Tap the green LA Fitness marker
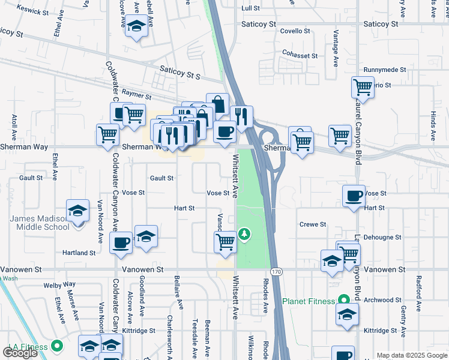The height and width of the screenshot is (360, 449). click(x=58, y=346)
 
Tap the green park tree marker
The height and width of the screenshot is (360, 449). click(x=244, y=233)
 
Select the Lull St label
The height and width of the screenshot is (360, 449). click(x=250, y=8)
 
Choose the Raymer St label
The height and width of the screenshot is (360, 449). click(x=136, y=94)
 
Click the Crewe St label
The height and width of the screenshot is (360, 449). click(x=313, y=224)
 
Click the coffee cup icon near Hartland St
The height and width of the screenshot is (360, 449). click(x=122, y=242)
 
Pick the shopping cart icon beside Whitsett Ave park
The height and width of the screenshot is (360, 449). click(x=225, y=241)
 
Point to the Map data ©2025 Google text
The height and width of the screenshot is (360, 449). click(x=411, y=355)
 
